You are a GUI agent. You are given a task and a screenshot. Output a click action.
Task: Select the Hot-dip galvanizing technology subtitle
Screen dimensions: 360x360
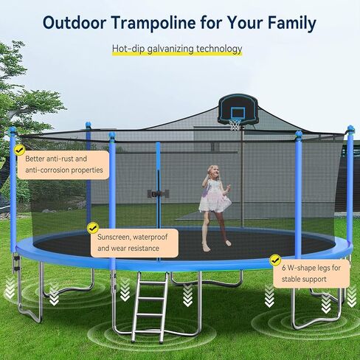coord(177,49)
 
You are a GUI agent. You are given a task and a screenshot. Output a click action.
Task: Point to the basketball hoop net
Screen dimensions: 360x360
coord(235,125)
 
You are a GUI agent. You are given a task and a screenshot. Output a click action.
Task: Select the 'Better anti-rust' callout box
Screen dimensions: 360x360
coord(65,165)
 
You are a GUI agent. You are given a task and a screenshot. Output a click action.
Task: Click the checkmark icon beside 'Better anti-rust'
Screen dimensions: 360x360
coord(19,150)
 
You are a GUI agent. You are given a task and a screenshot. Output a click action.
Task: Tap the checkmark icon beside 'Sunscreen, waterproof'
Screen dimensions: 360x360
coord(93,229)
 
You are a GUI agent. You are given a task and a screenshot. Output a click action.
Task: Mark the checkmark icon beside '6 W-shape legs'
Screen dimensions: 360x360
coord(276,260)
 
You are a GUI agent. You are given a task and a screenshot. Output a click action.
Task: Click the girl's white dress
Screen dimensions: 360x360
coord(215,199)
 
